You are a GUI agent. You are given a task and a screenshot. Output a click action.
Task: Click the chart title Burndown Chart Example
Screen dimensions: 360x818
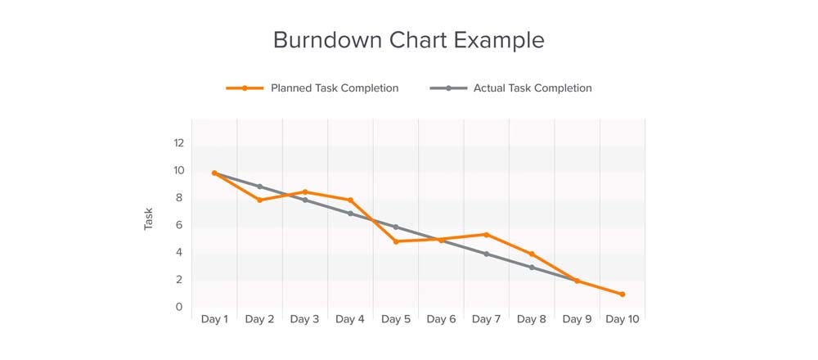(x=408, y=40)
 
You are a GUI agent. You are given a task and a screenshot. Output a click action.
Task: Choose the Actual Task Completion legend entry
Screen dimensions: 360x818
(x=532, y=88)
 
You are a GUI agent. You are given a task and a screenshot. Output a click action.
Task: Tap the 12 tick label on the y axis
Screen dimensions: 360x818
(x=178, y=143)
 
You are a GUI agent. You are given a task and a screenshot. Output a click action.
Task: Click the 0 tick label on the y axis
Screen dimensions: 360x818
(x=178, y=307)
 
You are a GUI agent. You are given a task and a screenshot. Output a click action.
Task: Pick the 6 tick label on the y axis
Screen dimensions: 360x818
(x=178, y=225)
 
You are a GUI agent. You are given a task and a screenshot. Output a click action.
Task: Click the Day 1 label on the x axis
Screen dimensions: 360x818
(x=214, y=319)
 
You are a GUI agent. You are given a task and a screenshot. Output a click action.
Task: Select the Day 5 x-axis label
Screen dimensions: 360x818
(x=396, y=319)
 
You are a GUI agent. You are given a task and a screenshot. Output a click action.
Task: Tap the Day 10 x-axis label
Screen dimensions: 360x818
(x=622, y=319)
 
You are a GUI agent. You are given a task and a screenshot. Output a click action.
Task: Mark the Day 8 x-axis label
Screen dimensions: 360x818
(x=532, y=319)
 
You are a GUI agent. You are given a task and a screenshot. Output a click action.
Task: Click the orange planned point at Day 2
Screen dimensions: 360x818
(x=260, y=200)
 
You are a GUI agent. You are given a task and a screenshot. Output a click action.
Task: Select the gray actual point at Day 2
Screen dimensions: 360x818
(x=260, y=187)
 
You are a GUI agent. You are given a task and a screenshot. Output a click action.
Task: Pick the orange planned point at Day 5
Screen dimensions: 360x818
(x=396, y=241)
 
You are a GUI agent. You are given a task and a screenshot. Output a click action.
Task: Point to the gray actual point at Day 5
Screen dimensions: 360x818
(x=396, y=227)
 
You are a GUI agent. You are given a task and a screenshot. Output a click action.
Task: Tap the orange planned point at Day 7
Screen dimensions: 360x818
(x=487, y=235)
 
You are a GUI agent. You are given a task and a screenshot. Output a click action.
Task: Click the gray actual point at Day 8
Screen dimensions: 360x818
(x=532, y=268)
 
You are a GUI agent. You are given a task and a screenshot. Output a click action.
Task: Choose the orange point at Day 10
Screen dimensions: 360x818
(x=622, y=294)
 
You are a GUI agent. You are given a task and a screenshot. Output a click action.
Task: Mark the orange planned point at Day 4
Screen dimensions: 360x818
(x=351, y=200)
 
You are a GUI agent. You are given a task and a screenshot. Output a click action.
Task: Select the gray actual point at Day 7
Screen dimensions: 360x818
(x=487, y=254)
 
